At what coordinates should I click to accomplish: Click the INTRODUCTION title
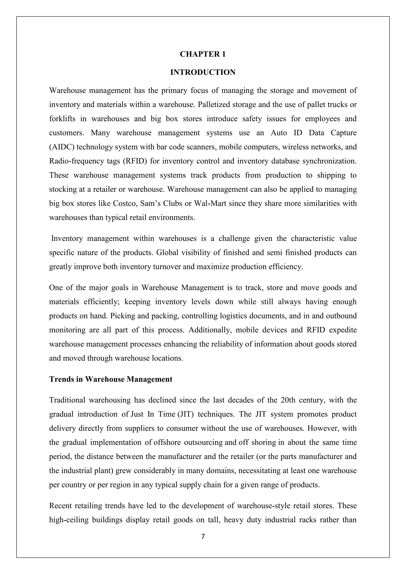pyautogui.click(x=203, y=72)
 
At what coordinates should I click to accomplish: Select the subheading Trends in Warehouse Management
pyautogui.click(x=111, y=379)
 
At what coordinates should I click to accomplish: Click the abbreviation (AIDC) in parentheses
pyautogui.click(x=62, y=147)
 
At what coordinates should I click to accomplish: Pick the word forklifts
pyautogui.click(x=62, y=119)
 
